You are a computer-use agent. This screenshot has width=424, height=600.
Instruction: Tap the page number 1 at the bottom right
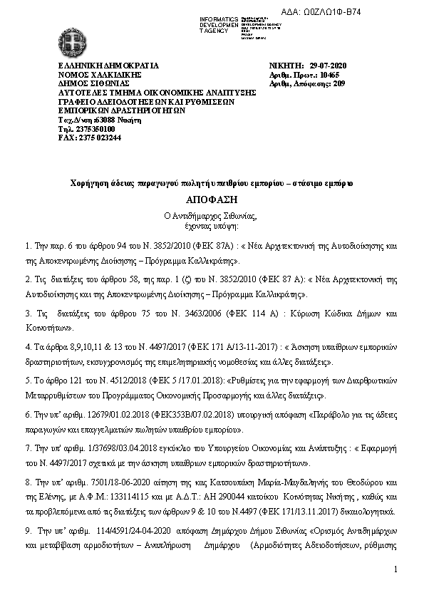click(x=394, y=569)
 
